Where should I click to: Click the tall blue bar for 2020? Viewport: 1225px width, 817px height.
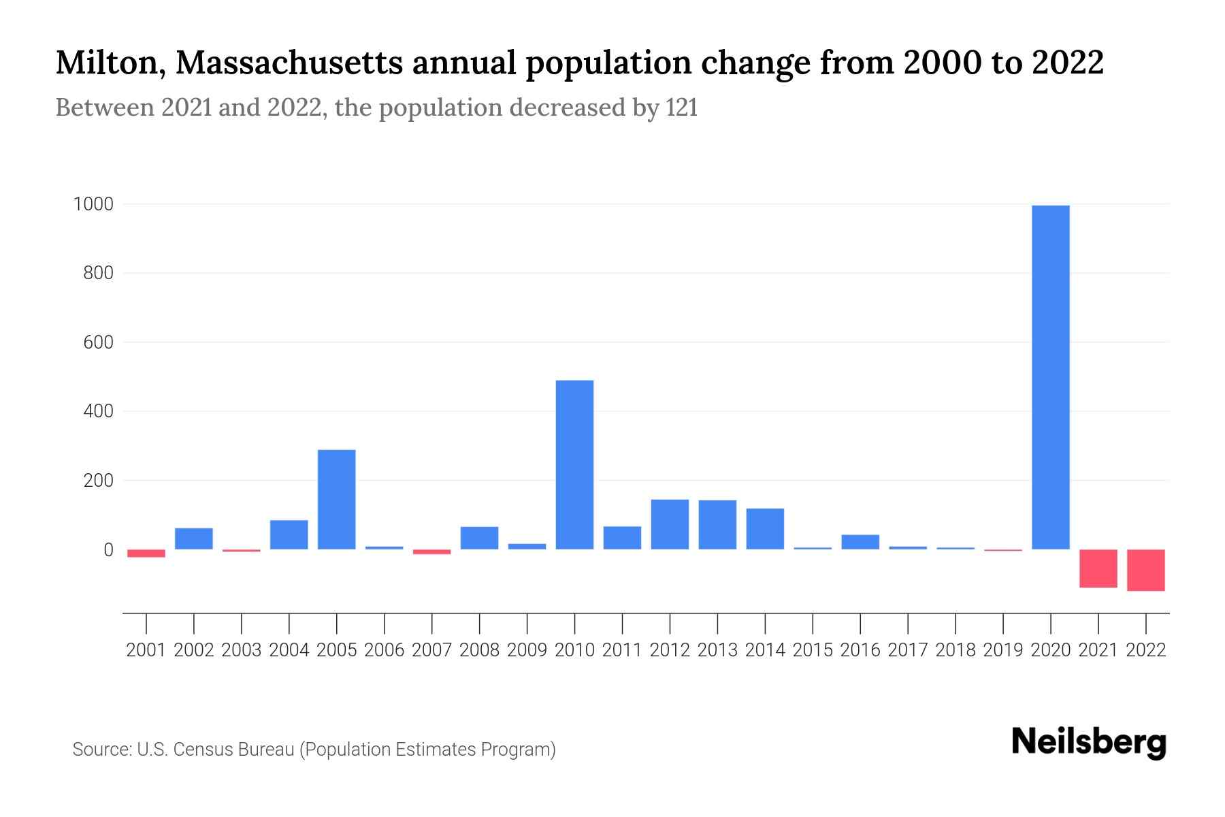(1050, 377)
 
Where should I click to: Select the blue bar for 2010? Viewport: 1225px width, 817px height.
(574, 464)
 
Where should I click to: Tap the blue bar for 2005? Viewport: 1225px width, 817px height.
(336, 499)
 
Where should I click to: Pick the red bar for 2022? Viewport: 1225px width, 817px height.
(1145, 570)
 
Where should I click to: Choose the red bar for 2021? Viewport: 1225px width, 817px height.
(1098, 568)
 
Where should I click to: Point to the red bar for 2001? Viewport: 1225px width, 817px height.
(146, 554)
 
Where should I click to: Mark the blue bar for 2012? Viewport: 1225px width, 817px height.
(670, 524)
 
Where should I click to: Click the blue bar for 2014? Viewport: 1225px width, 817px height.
(765, 529)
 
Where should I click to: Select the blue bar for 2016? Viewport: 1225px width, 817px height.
(860, 542)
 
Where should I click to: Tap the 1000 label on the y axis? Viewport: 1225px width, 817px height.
(93, 204)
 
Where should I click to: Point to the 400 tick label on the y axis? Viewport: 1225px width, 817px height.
(98, 411)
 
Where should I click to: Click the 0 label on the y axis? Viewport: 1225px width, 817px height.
(108, 549)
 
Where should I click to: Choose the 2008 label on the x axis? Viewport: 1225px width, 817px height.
(479, 650)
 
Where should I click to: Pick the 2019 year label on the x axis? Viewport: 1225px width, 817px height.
(1002, 650)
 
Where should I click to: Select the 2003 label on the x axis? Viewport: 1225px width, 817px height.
(242, 650)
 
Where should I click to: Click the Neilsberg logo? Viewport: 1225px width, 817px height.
(1088, 742)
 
